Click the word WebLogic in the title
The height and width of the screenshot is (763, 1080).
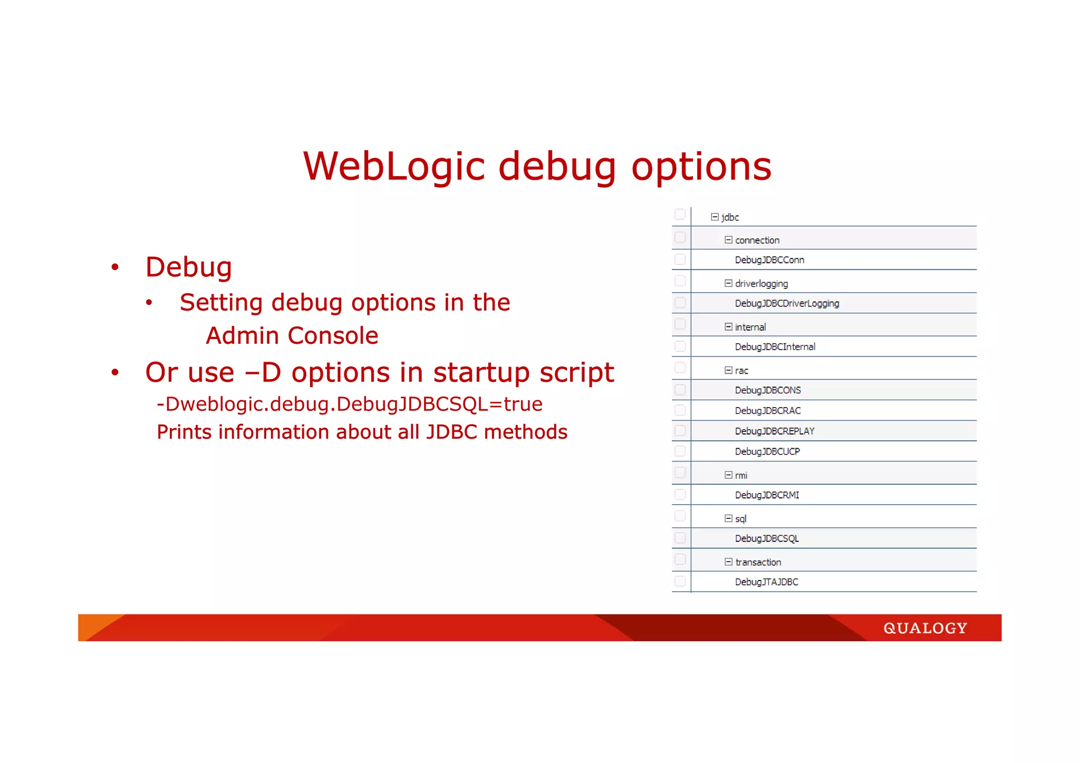click(393, 167)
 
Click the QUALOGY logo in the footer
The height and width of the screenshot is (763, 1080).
click(925, 628)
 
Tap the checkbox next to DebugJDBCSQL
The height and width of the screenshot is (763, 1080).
click(680, 538)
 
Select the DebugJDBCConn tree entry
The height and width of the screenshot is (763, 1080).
click(769, 260)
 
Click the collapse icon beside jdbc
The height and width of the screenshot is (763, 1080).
click(715, 217)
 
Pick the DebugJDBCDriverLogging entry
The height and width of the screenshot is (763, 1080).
click(787, 303)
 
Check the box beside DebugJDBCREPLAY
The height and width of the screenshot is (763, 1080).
click(680, 431)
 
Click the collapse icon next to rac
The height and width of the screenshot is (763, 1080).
click(728, 370)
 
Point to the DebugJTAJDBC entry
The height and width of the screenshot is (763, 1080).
click(766, 582)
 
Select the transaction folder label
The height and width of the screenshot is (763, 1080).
click(758, 562)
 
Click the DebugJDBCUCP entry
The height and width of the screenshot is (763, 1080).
click(767, 451)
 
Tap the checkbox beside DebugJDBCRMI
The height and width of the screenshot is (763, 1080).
click(680, 495)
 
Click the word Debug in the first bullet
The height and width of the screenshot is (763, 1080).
click(189, 267)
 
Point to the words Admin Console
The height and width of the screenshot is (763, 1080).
click(292, 336)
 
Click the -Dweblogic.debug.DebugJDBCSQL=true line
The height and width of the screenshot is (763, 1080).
click(350, 404)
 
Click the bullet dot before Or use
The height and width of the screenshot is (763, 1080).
click(115, 373)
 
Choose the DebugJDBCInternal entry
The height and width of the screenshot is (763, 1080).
click(775, 346)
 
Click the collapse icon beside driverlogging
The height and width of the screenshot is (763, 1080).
click(728, 283)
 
